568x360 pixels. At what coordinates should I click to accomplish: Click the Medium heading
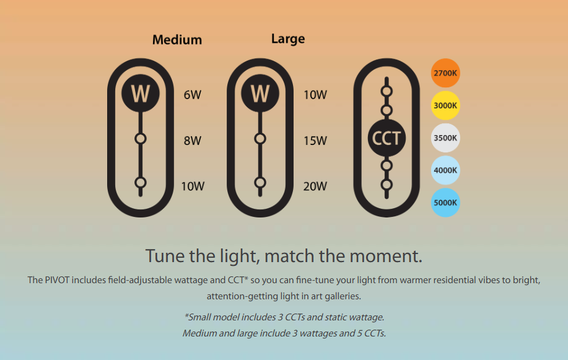pyautogui.click(x=177, y=40)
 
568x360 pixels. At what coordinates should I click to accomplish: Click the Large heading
pyautogui.click(x=288, y=39)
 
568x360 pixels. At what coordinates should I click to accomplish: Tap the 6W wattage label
pyautogui.click(x=193, y=95)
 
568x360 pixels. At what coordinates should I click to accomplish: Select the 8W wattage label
pyautogui.click(x=193, y=140)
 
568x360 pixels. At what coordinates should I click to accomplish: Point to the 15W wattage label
pyautogui.click(x=315, y=140)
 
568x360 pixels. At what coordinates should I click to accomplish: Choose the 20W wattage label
pyautogui.click(x=315, y=186)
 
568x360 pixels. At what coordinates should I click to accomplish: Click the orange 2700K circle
pyautogui.click(x=445, y=73)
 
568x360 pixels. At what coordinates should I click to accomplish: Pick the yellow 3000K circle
pyautogui.click(x=445, y=105)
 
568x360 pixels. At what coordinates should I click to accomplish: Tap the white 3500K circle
pyautogui.click(x=445, y=138)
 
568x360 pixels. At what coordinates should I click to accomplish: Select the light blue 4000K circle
pyautogui.click(x=445, y=170)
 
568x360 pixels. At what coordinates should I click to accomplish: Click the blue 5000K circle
pyautogui.click(x=445, y=203)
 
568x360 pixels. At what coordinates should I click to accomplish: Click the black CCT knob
pyautogui.click(x=387, y=138)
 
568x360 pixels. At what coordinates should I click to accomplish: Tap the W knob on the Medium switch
pyautogui.click(x=141, y=93)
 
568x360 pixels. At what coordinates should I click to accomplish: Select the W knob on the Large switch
pyautogui.click(x=260, y=93)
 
